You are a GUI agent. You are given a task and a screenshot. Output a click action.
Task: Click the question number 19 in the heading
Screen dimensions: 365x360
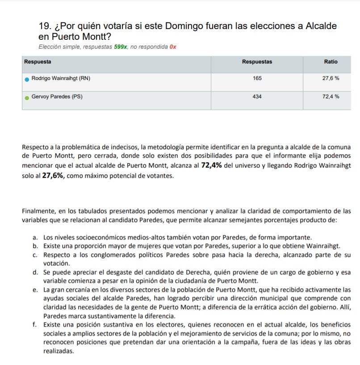(x=45, y=26)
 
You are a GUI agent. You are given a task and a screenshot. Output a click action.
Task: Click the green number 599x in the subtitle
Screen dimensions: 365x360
(x=121, y=46)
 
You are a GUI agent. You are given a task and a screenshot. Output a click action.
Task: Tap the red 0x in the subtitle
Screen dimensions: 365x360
(x=173, y=46)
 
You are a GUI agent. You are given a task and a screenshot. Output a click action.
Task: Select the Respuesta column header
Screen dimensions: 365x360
(x=38, y=62)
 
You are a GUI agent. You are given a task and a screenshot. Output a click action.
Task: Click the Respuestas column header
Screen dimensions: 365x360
(x=257, y=62)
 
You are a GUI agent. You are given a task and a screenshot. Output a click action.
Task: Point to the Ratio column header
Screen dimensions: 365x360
(x=331, y=62)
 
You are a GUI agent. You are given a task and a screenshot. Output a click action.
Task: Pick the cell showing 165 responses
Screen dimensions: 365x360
(x=257, y=78)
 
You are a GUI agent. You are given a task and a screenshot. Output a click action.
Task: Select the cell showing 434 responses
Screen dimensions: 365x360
(x=257, y=96)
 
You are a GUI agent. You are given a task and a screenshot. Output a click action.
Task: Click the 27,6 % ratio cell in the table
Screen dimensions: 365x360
(x=331, y=78)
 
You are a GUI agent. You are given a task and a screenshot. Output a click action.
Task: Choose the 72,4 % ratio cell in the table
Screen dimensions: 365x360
(x=331, y=96)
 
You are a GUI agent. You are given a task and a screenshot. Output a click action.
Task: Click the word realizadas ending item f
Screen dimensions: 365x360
(x=58, y=351)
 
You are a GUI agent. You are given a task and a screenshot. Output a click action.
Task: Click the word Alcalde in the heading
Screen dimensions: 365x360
(x=321, y=26)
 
